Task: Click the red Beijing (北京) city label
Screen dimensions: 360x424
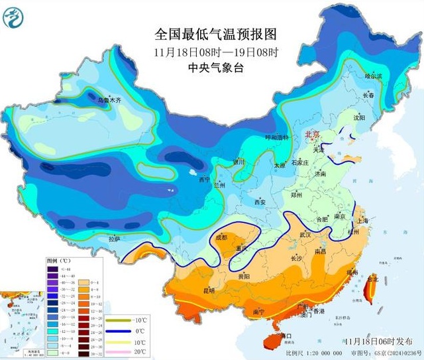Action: (311, 135)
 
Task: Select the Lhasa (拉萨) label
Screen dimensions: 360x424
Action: (114, 237)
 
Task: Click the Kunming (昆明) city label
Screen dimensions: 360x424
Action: (209, 290)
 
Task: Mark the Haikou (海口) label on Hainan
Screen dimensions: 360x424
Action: (286, 336)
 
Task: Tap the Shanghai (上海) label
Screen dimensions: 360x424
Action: (362, 220)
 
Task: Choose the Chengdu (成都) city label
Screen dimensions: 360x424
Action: (221, 237)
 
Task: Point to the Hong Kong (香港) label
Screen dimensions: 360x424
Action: (319, 312)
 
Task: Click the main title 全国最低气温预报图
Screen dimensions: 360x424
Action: (215, 34)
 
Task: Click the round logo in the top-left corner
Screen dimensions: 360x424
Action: (14, 15)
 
